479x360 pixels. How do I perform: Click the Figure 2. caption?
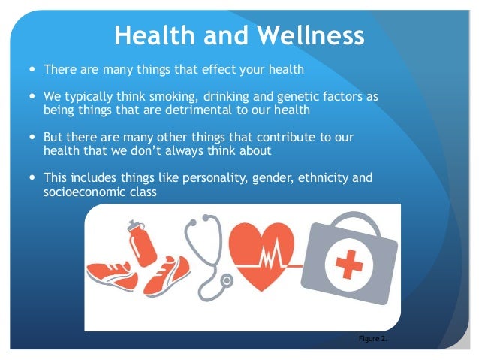point(373,338)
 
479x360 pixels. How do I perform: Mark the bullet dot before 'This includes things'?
point(32,178)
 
